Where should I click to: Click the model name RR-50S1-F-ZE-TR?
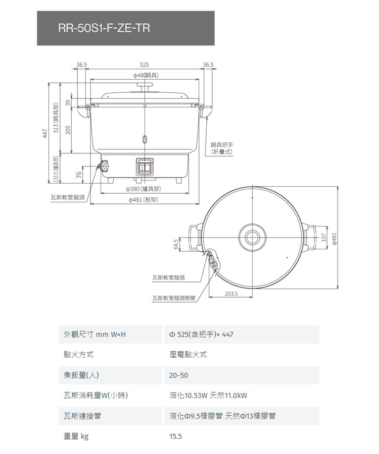(x=104, y=28)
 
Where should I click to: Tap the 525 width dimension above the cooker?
(x=144, y=65)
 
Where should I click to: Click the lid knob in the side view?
(x=145, y=86)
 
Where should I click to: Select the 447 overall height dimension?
(x=45, y=133)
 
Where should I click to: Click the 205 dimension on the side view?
(x=68, y=130)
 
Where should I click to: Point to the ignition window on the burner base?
(x=144, y=167)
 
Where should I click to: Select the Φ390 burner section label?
(x=143, y=189)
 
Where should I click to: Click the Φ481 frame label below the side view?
(x=144, y=199)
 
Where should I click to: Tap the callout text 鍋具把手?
(x=222, y=145)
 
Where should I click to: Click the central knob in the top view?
(x=252, y=237)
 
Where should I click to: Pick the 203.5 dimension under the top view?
(x=231, y=294)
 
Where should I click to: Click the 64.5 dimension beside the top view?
(x=176, y=244)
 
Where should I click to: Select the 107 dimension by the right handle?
(x=324, y=237)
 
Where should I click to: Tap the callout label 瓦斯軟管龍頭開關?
(x=174, y=298)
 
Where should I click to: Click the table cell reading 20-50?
(x=178, y=375)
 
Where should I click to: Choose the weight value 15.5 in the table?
(x=176, y=436)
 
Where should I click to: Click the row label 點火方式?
(x=79, y=355)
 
